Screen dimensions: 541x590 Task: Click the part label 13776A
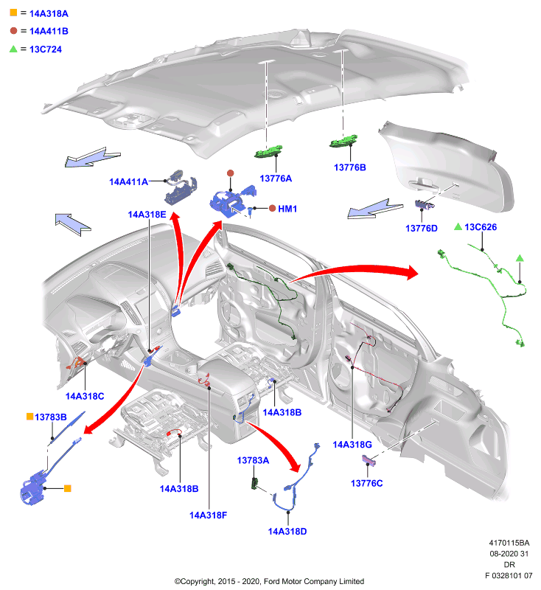click(x=276, y=178)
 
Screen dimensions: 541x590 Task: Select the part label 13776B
click(x=350, y=167)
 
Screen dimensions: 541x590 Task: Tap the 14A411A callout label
click(x=128, y=181)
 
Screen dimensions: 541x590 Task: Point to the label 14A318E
click(x=147, y=215)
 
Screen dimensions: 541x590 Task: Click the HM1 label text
click(x=287, y=209)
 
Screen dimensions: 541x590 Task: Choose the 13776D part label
click(x=422, y=229)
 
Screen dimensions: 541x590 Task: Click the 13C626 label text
click(x=481, y=227)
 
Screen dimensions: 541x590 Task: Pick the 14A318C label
click(x=85, y=396)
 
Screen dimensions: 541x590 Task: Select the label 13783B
click(x=51, y=417)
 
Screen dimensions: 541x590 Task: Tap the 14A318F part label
click(x=209, y=515)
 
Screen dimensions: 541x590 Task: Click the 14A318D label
click(x=287, y=531)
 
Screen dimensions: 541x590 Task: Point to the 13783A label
click(x=253, y=460)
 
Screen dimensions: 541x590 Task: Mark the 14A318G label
click(x=352, y=445)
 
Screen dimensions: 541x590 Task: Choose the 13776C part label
click(x=366, y=483)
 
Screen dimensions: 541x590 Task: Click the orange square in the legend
click(x=13, y=13)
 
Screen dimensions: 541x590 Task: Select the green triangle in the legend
click(x=13, y=49)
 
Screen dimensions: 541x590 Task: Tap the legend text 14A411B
click(x=49, y=31)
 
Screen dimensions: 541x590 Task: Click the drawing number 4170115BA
click(x=509, y=543)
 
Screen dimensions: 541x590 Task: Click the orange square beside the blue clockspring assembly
click(x=68, y=488)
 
